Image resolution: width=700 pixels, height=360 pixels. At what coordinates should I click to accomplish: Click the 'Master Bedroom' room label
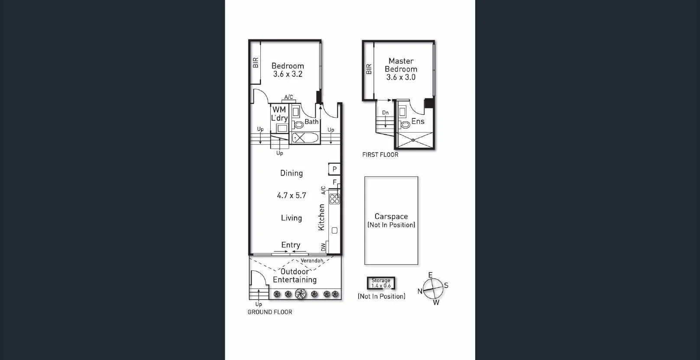[x=401, y=65]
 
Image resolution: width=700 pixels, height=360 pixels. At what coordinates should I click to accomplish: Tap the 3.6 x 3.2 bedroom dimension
[x=288, y=74]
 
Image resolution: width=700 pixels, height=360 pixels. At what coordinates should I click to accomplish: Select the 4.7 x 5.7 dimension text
[x=291, y=195]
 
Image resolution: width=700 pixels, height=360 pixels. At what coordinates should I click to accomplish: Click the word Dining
[x=291, y=173]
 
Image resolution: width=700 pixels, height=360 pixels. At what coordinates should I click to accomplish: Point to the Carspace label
[x=391, y=216]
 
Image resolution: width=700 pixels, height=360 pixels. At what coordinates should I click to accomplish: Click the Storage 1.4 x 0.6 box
[x=381, y=283]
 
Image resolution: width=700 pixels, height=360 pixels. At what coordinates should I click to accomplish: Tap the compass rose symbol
[x=433, y=287]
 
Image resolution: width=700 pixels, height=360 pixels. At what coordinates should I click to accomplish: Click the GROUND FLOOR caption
[x=269, y=312]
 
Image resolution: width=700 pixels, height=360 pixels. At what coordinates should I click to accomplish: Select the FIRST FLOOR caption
[x=380, y=155]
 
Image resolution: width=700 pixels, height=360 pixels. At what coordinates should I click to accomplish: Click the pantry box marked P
[x=334, y=169]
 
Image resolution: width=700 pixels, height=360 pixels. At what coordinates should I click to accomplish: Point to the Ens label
[x=418, y=121]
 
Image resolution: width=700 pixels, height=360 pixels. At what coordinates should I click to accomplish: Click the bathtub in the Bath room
[x=305, y=138]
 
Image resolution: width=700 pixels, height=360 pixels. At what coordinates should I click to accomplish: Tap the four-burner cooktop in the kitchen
[x=334, y=199]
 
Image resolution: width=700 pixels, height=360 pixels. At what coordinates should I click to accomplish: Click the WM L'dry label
[x=279, y=114]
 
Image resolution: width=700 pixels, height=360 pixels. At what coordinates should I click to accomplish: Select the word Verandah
[x=312, y=261]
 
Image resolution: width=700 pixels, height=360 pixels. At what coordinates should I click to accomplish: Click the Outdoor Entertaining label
[x=295, y=276]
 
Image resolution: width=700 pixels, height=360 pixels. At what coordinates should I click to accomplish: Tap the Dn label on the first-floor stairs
[x=385, y=113]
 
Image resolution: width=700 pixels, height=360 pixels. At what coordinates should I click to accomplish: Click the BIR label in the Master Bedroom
[x=369, y=69]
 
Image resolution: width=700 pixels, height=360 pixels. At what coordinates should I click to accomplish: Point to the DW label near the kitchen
[x=323, y=247]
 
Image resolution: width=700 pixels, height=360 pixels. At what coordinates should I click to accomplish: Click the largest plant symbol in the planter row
[x=301, y=294]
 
